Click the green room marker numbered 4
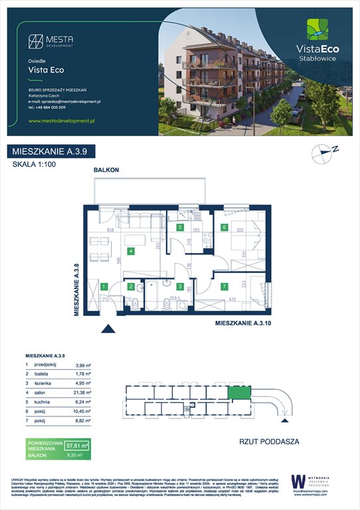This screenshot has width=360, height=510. pos(132,251)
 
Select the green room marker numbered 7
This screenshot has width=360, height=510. pos(225,287)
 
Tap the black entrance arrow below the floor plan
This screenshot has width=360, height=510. pos(106,327)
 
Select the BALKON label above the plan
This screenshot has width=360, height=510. pos(106,171)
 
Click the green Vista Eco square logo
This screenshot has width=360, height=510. pos(315,30)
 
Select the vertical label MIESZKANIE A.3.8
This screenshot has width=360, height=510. pos(76,290)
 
